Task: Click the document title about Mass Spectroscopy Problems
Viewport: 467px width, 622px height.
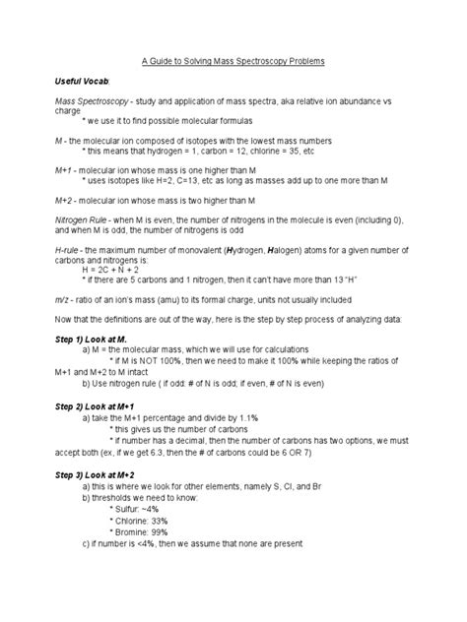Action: pyautogui.click(x=233, y=61)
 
